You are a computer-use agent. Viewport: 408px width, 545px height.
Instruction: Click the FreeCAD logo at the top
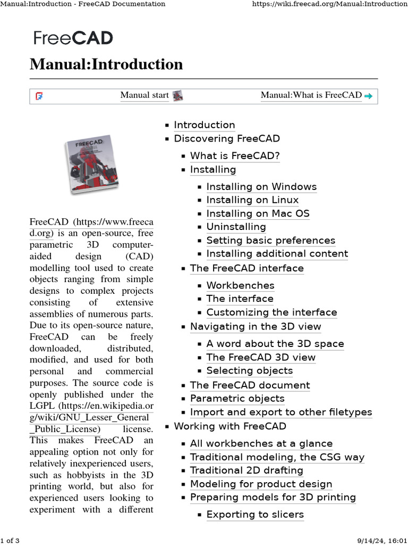(73, 38)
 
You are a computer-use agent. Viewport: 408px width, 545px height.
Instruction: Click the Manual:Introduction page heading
(106, 64)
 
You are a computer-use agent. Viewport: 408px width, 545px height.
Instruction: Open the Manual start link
(144, 95)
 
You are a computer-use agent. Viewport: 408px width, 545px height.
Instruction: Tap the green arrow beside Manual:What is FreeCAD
(368, 96)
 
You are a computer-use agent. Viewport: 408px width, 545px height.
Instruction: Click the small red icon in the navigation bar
(39, 96)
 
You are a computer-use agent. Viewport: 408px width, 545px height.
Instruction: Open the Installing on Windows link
(261, 187)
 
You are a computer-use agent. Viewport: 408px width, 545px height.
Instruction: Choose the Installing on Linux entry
(252, 200)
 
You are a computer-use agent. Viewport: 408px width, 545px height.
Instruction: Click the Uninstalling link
(236, 227)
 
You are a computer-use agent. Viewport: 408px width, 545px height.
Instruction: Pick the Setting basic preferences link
(270, 240)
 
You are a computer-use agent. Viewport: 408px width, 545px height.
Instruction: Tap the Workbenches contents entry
(240, 285)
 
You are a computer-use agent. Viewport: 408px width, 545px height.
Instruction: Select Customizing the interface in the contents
(271, 312)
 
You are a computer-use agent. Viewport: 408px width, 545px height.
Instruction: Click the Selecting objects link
(249, 370)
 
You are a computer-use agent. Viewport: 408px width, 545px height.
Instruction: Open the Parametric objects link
(237, 399)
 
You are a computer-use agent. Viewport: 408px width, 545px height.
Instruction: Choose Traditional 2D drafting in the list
(246, 470)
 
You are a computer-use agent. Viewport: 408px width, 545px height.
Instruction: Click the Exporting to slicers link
(255, 515)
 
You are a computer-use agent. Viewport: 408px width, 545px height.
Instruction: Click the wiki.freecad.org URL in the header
(328, 4)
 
